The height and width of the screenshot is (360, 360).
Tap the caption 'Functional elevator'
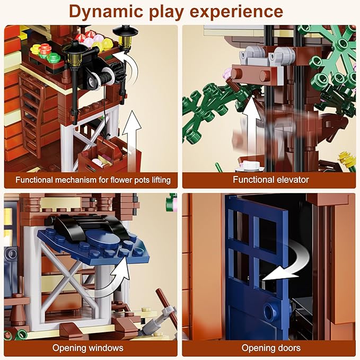pyautogui.click(x=271, y=179)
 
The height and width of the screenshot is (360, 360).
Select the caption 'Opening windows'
pyautogui.click(x=88, y=348)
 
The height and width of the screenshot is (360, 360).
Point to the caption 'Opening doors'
pyautogui.click(x=271, y=348)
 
